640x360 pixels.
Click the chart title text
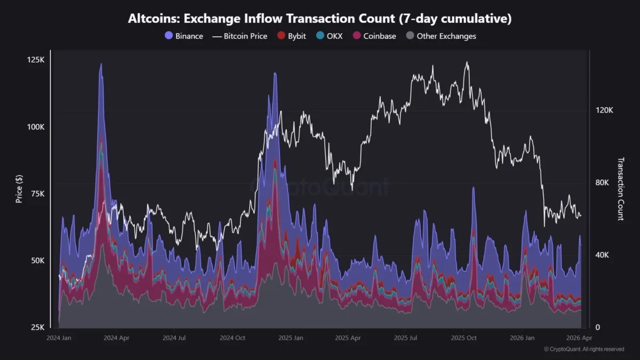(319, 19)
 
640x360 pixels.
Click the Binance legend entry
(184, 36)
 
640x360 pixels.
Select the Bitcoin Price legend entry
(239, 36)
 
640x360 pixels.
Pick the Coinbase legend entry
(374, 36)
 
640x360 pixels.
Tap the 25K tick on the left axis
(37, 327)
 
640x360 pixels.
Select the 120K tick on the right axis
(604, 110)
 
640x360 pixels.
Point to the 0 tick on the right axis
(597, 327)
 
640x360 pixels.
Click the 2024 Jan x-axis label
(60, 338)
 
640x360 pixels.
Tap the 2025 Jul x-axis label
(407, 338)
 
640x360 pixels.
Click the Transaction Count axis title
(620, 189)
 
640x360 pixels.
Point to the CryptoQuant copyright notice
(583, 349)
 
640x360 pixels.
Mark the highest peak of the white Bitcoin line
(467, 62)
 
